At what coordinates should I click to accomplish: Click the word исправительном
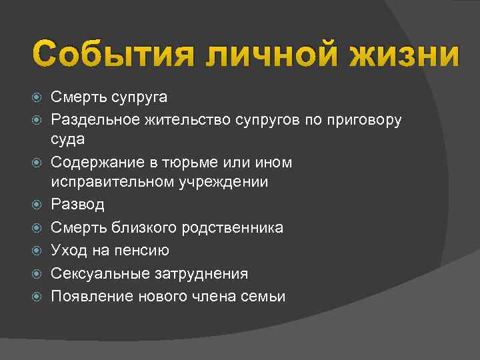111,181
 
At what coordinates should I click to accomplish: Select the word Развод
78,204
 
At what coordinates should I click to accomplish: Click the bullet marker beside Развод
38,204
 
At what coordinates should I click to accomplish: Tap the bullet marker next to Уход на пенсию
38,250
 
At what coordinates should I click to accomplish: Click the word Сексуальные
99,273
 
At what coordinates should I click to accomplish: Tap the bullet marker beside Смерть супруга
38,98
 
